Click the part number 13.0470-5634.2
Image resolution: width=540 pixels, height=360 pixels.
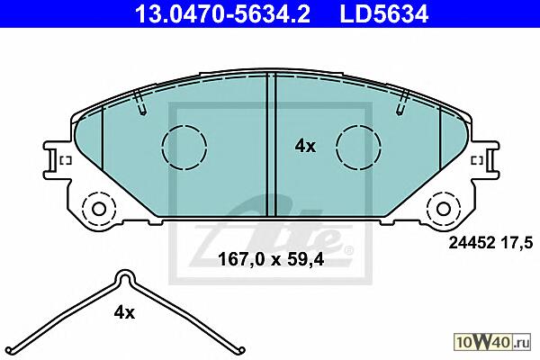(222, 13)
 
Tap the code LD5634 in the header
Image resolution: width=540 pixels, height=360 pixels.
(384, 13)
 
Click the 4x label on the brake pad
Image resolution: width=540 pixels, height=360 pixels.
(305, 147)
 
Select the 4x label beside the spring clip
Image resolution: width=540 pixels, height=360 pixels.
(124, 313)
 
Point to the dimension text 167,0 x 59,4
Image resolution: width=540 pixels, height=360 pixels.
(271, 259)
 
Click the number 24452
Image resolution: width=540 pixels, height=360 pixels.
(472, 243)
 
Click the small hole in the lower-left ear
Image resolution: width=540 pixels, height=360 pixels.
(99, 209)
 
